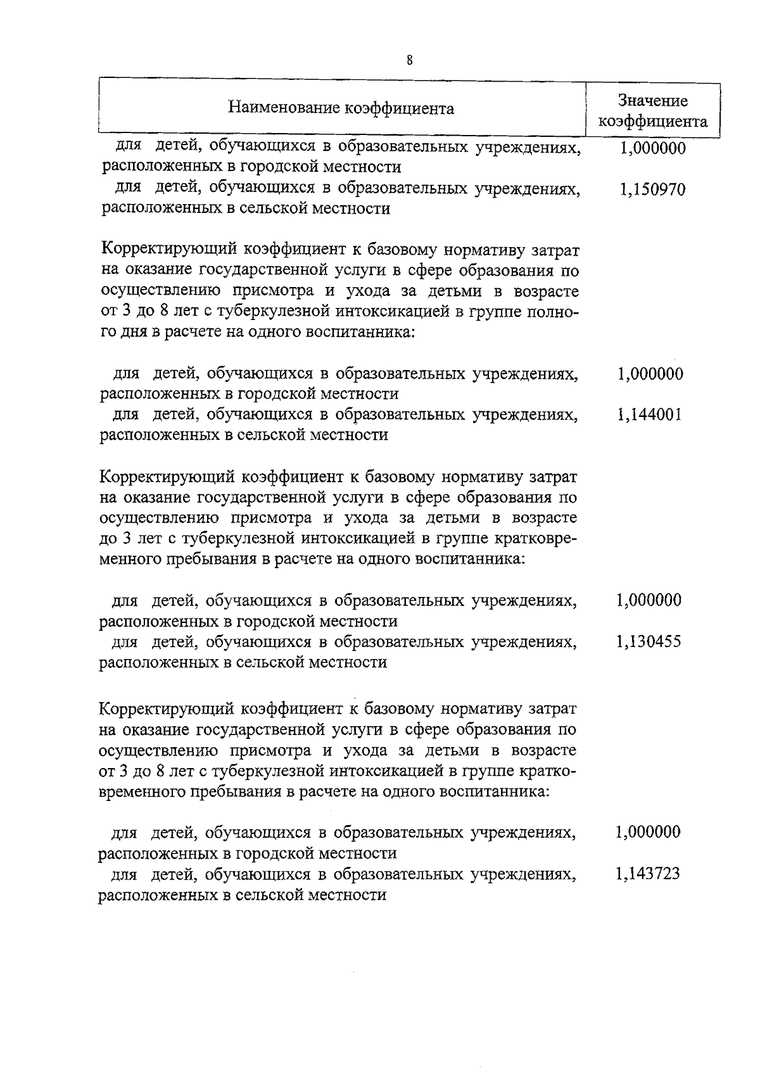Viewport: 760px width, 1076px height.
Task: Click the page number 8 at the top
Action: pyautogui.click(x=410, y=61)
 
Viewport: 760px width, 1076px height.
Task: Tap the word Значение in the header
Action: pyautogui.click(x=652, y=101)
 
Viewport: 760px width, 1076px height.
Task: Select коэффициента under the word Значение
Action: pyautogui.click(x=653, y=122)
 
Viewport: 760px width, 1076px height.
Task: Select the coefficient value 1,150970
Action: pyautogui.click(x=652, y=189)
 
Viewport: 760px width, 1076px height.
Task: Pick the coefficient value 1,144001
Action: pyautogui.click(x=650, y=416)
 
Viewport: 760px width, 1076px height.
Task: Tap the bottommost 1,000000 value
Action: pyautogui.click(x=649, y=832)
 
